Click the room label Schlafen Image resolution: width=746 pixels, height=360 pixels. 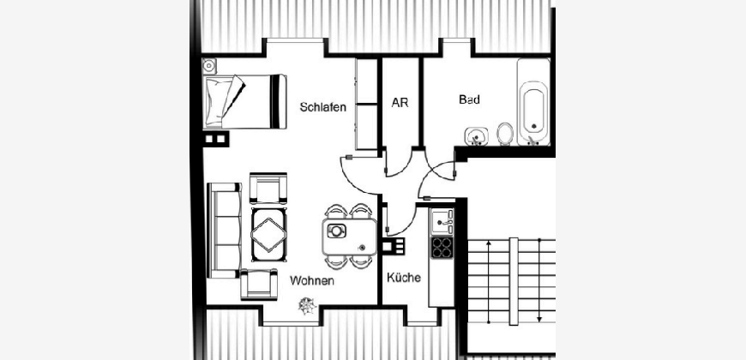322,107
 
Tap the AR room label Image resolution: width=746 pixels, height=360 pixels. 400,103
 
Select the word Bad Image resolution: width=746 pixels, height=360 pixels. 469,99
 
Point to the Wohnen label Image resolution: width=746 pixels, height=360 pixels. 311,280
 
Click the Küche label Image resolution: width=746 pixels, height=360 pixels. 404,278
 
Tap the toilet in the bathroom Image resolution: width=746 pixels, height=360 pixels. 505,134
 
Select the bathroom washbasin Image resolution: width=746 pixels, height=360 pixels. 476,136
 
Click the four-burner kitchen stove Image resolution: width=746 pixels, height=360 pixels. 442,248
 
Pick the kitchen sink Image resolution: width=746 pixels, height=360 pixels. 442,222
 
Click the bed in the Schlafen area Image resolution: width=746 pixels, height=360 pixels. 244,101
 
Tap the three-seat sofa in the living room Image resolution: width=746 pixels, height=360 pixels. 224,231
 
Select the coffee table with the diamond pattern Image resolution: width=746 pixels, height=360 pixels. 268,235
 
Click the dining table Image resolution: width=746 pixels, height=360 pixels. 350,237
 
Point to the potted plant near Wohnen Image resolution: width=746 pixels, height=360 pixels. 307,306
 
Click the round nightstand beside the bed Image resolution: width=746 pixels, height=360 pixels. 209,66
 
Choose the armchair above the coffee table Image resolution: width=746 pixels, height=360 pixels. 268,189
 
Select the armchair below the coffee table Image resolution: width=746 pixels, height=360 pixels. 259,284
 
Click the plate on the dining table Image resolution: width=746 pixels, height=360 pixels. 336,231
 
